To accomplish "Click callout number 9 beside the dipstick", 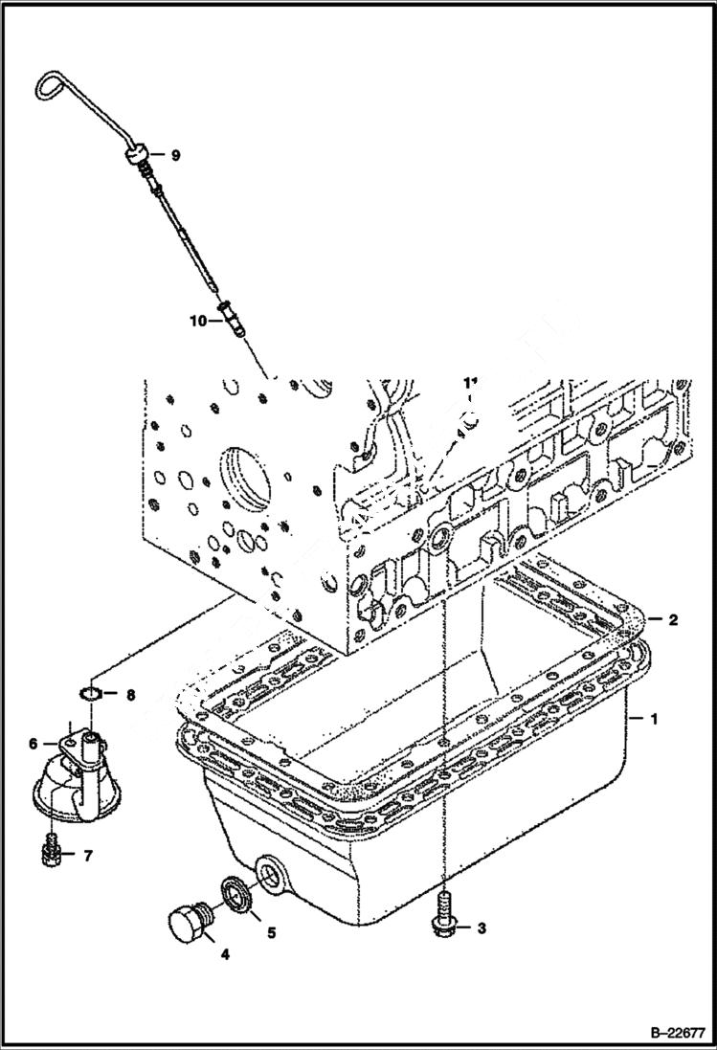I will tap(175, 154).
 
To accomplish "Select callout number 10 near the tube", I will tap(197, 322).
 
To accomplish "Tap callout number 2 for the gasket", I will tap(673, 620).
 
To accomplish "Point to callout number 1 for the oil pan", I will tap(655, 717).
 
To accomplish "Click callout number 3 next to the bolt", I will tap(482, 927).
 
